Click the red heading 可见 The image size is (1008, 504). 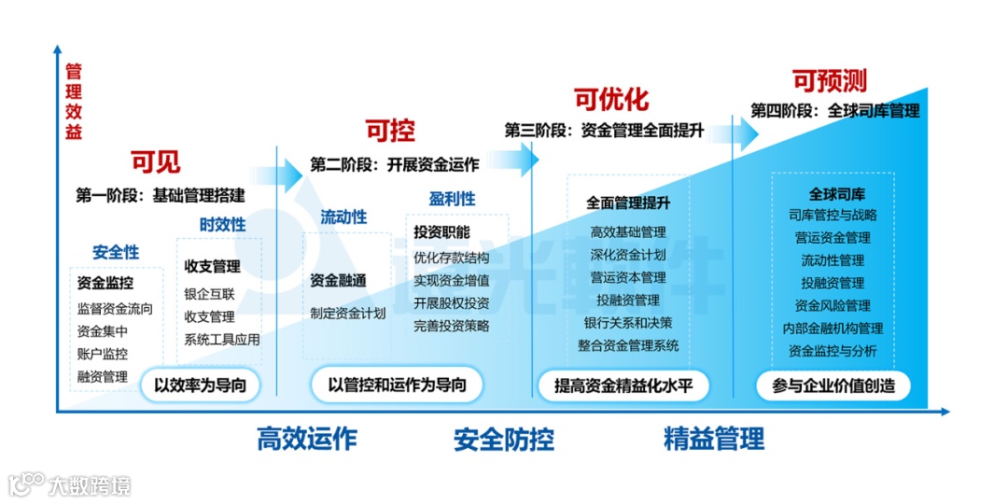point(156,162)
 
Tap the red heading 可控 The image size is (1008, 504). point(389,131)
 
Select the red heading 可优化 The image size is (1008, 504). point(610,99)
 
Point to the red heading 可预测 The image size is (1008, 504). point(830,80)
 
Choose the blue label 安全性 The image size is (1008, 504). point(116,252)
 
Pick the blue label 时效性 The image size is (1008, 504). point(223,224)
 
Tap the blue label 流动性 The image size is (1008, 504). point(343,217)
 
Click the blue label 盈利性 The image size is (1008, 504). point(452,199)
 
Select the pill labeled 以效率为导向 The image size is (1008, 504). point(200,385)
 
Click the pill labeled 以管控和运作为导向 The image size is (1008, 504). point(397,385)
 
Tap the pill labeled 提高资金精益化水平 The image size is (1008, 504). point(623,385)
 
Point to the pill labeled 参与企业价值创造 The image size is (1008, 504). point(833,385)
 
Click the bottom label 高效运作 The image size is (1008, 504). point(307,439)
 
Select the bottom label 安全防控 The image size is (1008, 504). point(504,439)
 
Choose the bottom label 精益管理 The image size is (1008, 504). point(714,439)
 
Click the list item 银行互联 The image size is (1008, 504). point(209,293)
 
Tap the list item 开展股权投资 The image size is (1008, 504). point(452,303)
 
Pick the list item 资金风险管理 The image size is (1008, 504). point(833,305)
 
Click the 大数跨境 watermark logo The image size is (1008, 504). point(70,484)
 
